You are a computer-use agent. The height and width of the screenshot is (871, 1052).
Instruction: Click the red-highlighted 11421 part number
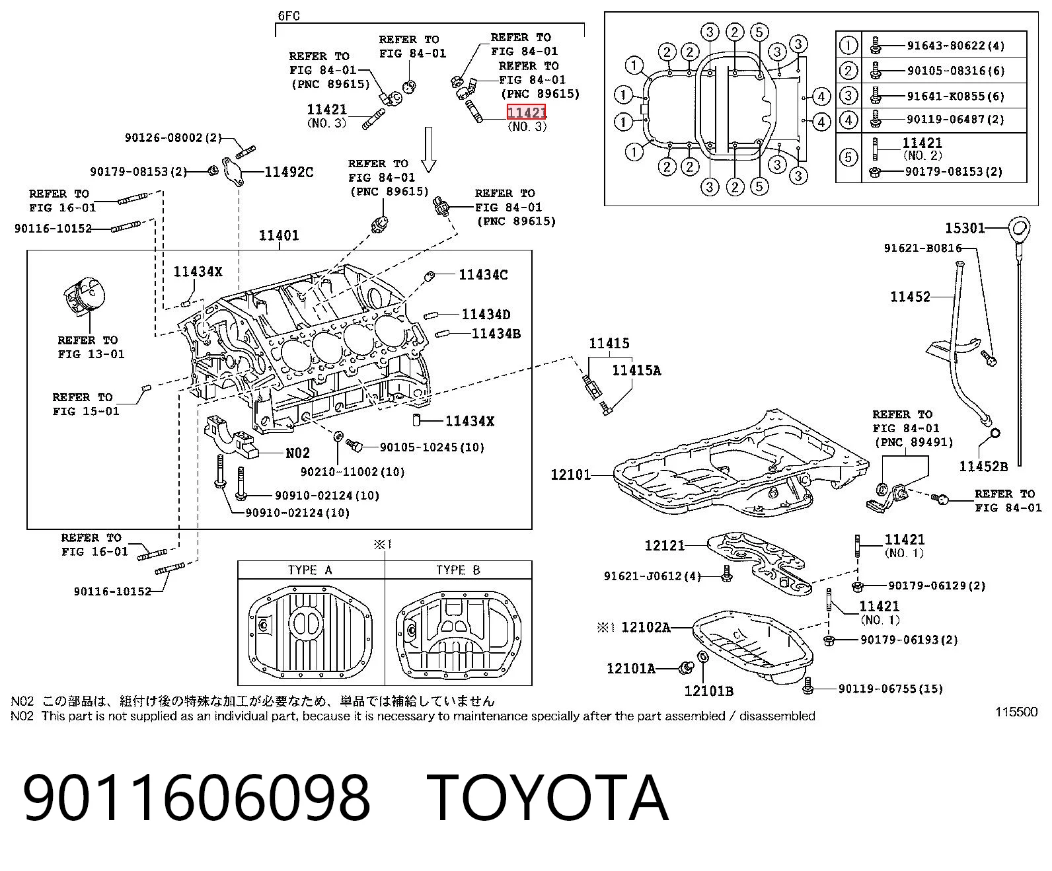527,112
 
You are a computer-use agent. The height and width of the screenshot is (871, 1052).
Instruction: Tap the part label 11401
279,235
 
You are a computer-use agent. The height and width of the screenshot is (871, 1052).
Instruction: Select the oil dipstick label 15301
964,229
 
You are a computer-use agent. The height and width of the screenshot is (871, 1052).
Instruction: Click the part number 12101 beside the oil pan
570,474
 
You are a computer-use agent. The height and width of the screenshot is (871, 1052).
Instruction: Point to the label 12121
665,545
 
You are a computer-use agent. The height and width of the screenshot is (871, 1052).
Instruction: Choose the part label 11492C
289,172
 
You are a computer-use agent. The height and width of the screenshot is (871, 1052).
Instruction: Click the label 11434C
483,275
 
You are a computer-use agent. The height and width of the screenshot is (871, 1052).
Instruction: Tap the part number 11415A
636,371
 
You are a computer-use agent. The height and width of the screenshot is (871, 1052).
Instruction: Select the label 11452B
983,467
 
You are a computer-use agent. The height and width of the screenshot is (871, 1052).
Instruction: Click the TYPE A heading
310,570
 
